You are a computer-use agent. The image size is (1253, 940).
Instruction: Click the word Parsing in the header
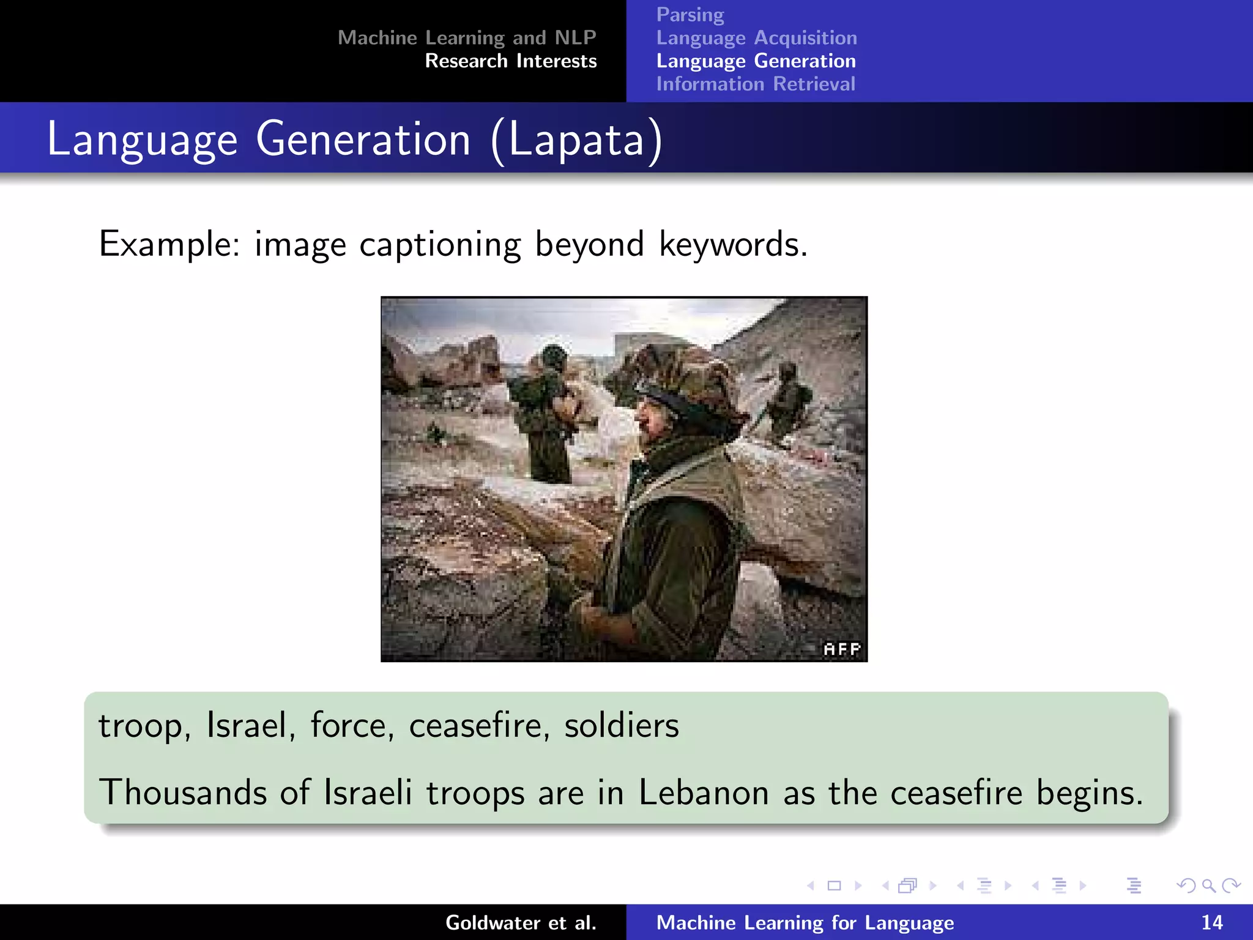click(690, 15)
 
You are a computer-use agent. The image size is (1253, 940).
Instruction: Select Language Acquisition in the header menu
click(756, 38)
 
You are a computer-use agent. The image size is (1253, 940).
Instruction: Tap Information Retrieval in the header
click(756, 84)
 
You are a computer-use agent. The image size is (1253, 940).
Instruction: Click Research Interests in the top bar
click(510, 61)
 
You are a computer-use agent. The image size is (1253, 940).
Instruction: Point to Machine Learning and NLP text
click(467, 38)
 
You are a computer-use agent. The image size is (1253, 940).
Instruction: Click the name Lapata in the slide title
click(576, 140)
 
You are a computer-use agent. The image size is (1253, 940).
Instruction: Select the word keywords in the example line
click(732, 244)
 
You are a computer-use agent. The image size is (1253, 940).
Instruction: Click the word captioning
click(440, 244)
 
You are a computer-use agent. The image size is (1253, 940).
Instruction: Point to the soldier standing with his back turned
click(545, 416)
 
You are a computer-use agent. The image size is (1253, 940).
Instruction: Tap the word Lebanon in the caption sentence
click(704, 793)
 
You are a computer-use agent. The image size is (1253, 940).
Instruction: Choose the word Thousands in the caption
click(182, 793)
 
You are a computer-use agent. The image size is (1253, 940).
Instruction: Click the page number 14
click(1211, 922)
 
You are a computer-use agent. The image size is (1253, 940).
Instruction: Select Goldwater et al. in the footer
click(521, 922)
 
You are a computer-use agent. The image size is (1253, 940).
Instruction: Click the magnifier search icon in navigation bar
click(1208, 886)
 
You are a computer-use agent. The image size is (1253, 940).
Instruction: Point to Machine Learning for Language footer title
click(805, 922)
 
